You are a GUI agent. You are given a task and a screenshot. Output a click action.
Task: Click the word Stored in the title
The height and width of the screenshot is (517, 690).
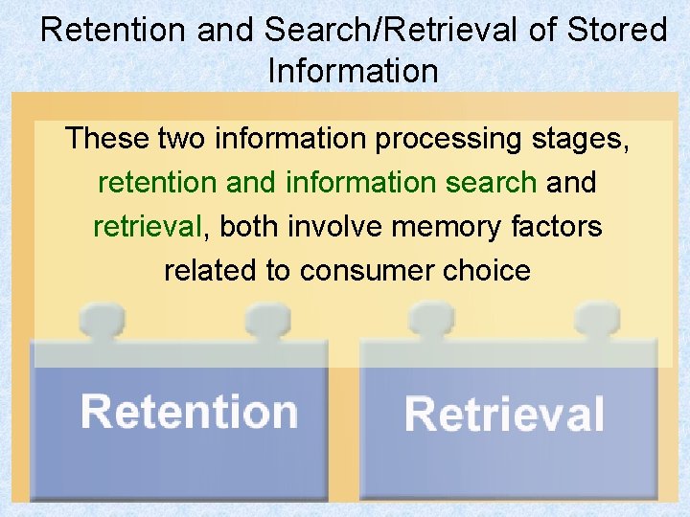pos(619,30)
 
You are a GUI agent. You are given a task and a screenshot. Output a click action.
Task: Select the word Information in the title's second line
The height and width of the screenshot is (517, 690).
pos(354,71)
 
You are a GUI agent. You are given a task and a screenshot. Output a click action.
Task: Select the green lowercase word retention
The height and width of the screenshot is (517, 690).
pos(155,182)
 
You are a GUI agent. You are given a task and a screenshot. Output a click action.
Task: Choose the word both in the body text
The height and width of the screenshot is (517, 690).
pos(251,226)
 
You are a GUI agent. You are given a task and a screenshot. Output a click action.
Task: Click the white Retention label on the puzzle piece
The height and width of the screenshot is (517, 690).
pos(190,412)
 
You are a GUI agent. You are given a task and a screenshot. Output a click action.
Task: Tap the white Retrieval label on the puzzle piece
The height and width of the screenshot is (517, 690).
pos(504,415)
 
